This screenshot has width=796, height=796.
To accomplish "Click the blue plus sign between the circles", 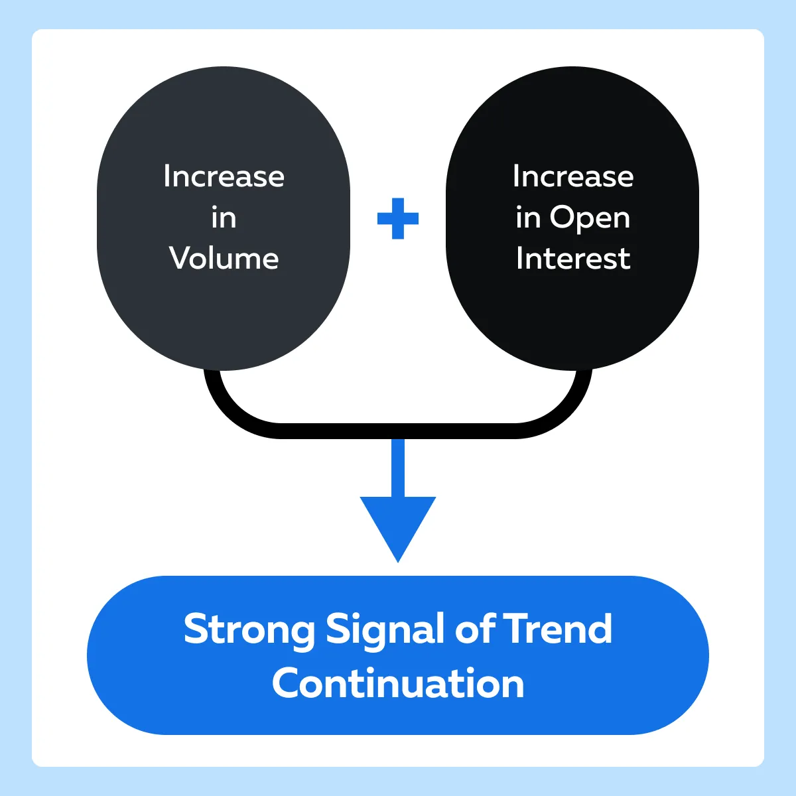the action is click(x=398, y=218).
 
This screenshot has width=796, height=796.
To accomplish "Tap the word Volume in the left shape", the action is click(x=224, y=259).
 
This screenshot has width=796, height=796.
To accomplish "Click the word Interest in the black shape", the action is click(x=573, y=259).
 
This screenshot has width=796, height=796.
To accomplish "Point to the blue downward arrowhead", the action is click(x=398, y=525).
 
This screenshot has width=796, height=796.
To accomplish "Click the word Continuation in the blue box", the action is click(x=398, y=685).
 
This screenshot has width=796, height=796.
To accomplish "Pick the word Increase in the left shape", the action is click(x=224, y=176).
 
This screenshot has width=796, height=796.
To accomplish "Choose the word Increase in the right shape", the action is click(x=573, y=176).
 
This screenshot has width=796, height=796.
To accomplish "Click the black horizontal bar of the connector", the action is click(x=398, y=431).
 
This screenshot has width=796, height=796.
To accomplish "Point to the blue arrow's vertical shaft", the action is click(x=398, y=468).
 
